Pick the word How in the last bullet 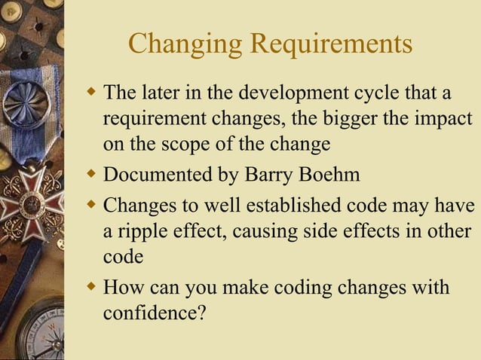[x=119, y=288]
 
